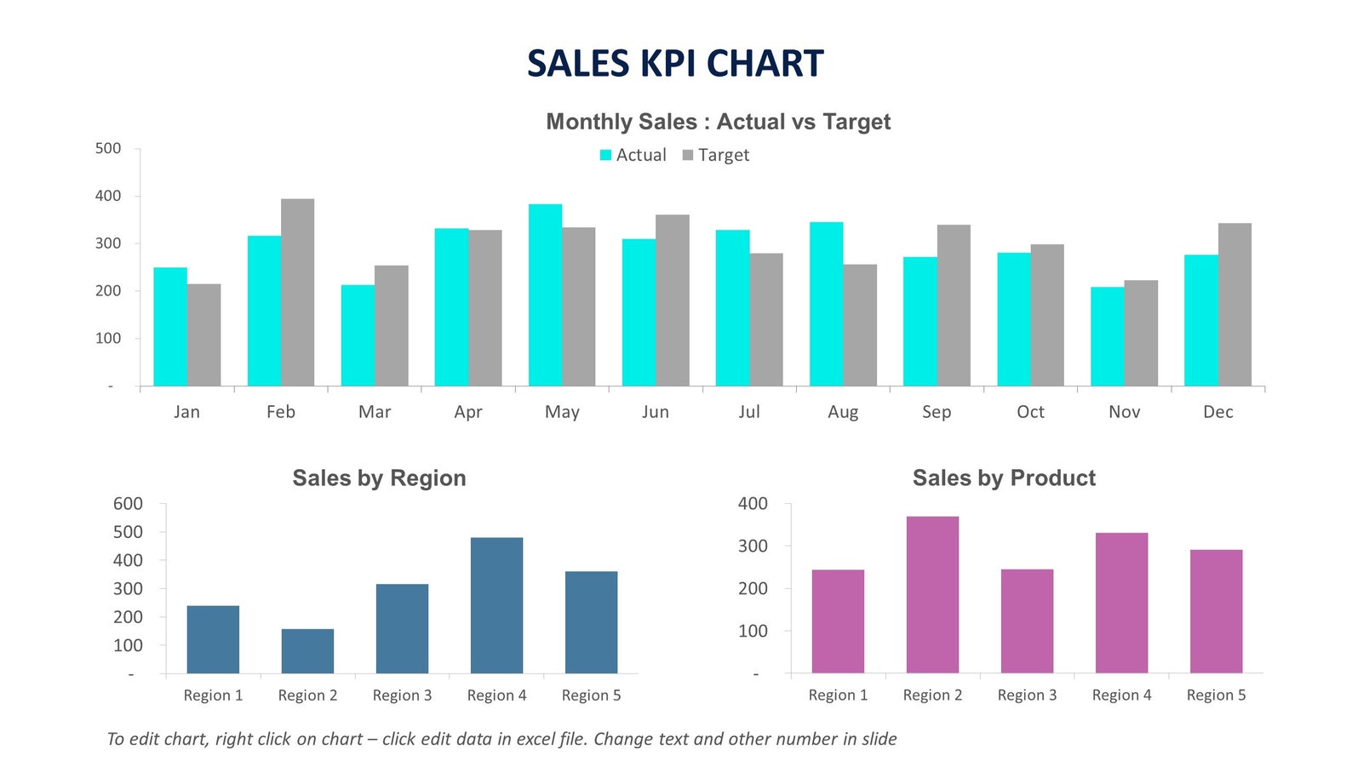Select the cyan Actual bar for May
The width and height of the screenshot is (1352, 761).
pos(545,295)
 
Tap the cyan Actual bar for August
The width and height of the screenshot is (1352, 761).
pos(826,304)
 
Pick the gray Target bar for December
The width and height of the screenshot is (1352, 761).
pos(1235,304)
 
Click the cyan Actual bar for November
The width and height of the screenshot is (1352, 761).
pos(1107,336)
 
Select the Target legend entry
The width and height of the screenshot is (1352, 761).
pos(716,155)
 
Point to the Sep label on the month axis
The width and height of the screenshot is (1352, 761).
pos(937,412)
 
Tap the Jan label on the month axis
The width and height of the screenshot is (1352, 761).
pos(186,412)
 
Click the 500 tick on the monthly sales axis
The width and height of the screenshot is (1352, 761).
pos(108,148)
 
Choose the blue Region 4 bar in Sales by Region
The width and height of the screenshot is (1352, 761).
pos(496,605)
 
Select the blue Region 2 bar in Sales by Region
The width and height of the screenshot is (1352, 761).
pos(307,651)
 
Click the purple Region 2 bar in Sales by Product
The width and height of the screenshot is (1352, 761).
pos(932,594)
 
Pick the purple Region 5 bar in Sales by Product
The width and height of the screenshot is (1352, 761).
pos(1216,611)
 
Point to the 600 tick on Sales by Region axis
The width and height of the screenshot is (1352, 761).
pos(128,504)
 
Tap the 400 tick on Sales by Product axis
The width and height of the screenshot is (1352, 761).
pos(753,504)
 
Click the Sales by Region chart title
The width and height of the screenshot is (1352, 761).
pos(379,478)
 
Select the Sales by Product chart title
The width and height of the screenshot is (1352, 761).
pos(1004,478)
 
